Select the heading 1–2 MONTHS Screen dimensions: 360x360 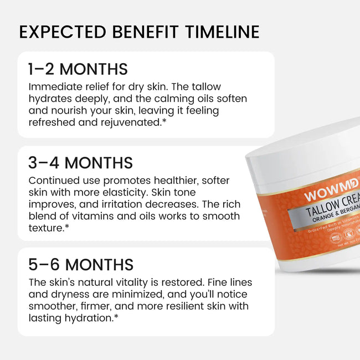[78, 69]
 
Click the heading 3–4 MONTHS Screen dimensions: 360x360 [81, 163]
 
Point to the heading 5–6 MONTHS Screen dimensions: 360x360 [81, 264]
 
